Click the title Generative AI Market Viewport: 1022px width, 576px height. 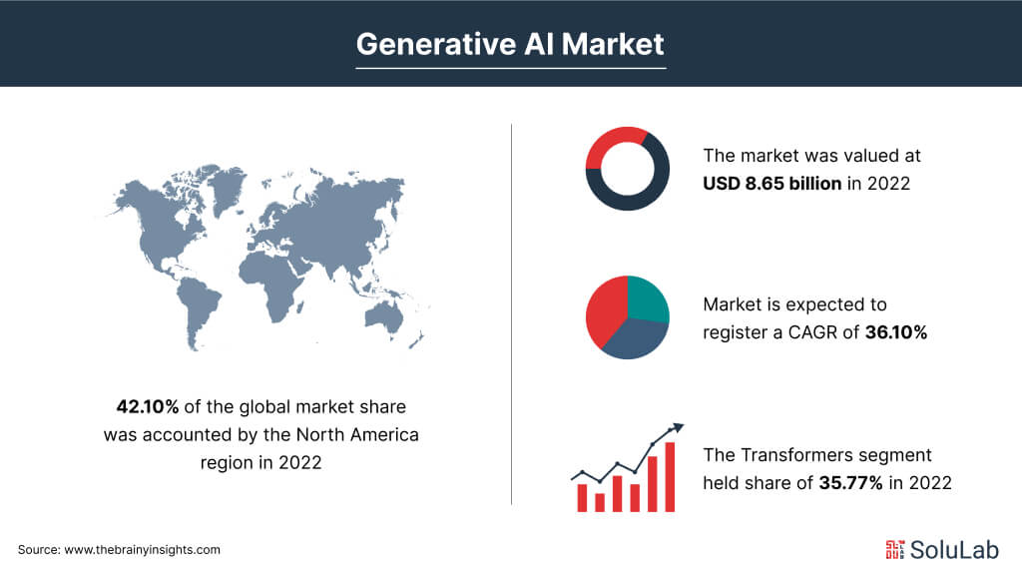(x=510, y=44)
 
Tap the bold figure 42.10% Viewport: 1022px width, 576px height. (x=148, y=406)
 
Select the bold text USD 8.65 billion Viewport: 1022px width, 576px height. (x=771, y=183)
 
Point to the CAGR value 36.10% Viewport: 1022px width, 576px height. (x=896, y=332)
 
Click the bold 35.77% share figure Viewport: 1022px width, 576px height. (x=850, y=483)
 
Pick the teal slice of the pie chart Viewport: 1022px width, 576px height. (x=647, y=298)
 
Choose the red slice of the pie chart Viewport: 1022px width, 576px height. (x=605, y=312)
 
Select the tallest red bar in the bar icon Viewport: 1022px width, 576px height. (x=670, y=477)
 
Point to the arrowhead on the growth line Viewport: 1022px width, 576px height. (x=678, y=428)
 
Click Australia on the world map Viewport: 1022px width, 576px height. (x=384, y=318)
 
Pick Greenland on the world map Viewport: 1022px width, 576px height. (x=229, y=185)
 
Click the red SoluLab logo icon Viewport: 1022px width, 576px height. (x=895, y=550)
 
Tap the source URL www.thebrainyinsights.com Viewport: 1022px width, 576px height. (x=142, y=550)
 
